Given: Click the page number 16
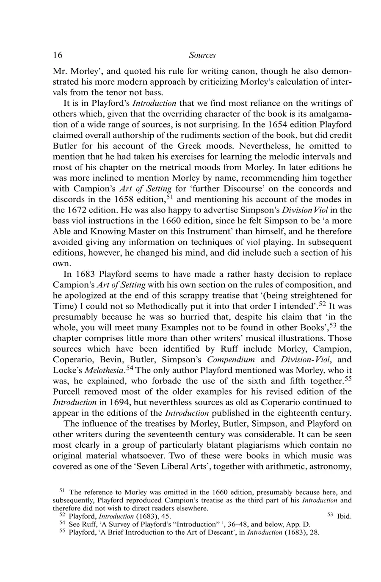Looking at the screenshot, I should pyautogui.click(x=58, y=55).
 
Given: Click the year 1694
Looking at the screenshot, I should pyautogui.click(x=117, y=402).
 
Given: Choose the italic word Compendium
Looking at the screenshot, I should pyautogui.click(x=231, y=359).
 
